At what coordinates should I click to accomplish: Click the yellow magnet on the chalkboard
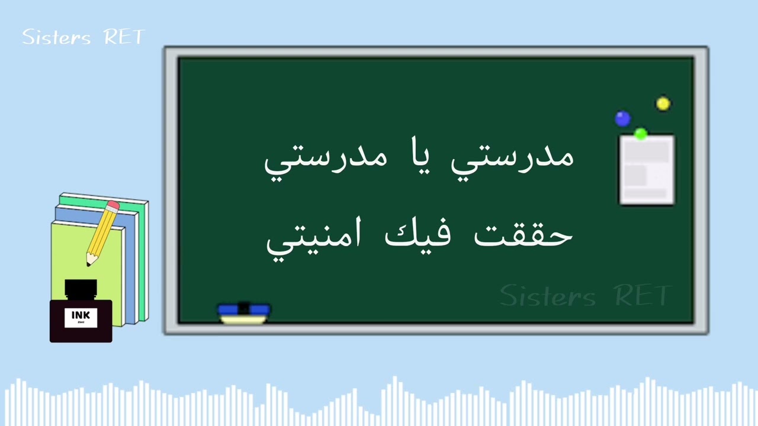pyautogui.click(x=663, y=104)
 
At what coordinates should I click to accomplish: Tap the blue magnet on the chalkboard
pyautogui.click(x=622, y=119)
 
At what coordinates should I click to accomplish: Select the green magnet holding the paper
pyautogui.click(x=640, y=134)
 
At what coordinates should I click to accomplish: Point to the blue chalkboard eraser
pyautogui.click(x=244, y=310)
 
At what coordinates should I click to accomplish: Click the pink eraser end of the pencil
pyautogui.click(x=113, y=206)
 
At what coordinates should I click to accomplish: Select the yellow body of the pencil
pyautogui.click(x=102, y=232)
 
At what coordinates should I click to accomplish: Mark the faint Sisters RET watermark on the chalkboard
pyautogui.click(x=584, y=295)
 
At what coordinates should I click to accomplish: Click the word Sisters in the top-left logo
pyautogui.click(x=57, y=37)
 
